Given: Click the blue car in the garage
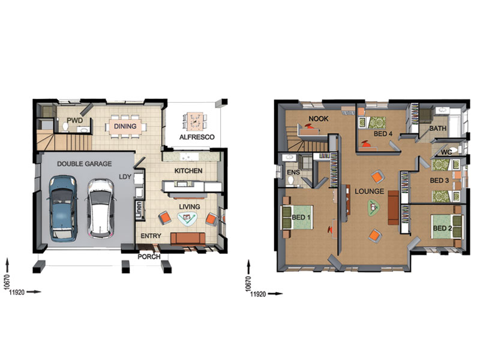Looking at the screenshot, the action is coord(62,208).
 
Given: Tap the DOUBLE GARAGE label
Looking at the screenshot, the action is coord(85,164).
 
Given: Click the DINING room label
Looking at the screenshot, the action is coord(125,126).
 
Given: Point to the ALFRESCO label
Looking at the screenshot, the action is coord(197,137).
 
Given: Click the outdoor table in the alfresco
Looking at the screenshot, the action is coord(194,121).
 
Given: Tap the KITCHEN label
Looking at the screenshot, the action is coord(188,171).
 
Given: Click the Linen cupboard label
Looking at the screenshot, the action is coord(139,209).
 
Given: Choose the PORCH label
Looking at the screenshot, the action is coord(149,257).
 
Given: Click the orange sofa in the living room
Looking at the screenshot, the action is coord(188,239).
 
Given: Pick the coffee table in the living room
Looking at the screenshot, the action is coord(187,218).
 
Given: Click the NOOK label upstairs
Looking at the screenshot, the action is coord(319,119).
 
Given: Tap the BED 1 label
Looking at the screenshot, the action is coord(301,217).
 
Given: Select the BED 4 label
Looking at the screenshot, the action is coord(383,134).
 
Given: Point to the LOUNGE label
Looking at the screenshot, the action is coord(369,191).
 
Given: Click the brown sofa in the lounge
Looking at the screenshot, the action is coord(394,208).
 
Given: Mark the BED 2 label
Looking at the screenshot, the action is coord(442,228).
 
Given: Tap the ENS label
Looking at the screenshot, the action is coord(293,172).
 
